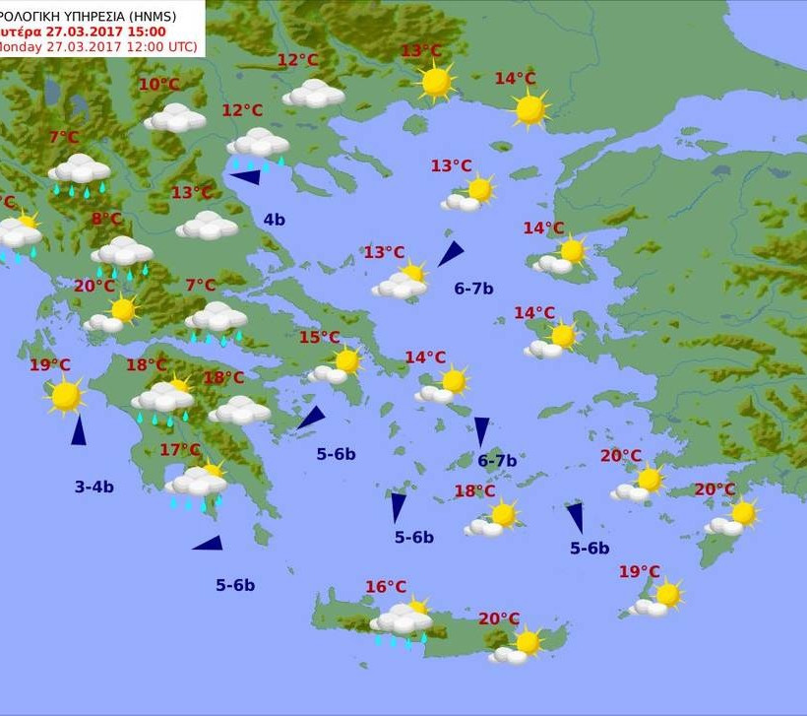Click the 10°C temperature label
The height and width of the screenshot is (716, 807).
pyautogui.click(x=158, y=85)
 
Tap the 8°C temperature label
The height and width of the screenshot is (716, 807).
pyautogui.click(x=107, y=219)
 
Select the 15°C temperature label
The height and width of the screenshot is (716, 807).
pyautogui.click(x=319, y=337)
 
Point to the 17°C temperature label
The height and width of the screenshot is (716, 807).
pyautogui.click(x=179, y=450)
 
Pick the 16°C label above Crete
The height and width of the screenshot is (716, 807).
pyautogui.click(x=386, y=587)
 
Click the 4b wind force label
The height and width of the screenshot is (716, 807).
pyautogui.click(x=274, y=220)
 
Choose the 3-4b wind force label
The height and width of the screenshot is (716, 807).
pyautogui.click(x=94, y=487)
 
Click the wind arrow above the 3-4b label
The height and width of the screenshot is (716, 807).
pyautogui.click(x=78, y=429)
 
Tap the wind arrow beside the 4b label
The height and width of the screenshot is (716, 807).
pyautogui.click(x=245, y=177)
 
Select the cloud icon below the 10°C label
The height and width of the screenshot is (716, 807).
pyautogui.click(x=175, y=119)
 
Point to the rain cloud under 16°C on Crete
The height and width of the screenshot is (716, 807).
pyautogui.click(x=402, y=621)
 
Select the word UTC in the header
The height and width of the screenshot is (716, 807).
pyautogui.click(x=180, y=46)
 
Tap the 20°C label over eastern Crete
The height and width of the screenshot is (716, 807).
pyautogui.click(x=499, y=618)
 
